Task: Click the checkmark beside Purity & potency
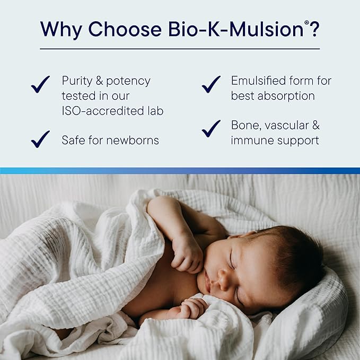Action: click(x=40, y=84)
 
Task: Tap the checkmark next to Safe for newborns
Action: click(x=40, y=139)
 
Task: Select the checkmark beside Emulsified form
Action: click(x=211, y=84)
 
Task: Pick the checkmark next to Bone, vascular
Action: click(x=211, y=128)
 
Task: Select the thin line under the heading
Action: click(x=180, y=49)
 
